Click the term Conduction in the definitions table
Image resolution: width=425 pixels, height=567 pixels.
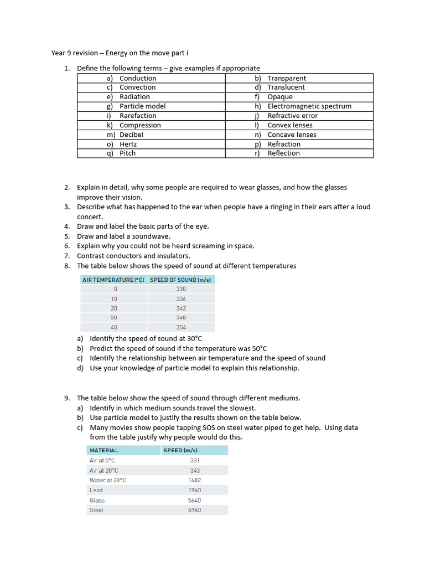click(x=138, y=78)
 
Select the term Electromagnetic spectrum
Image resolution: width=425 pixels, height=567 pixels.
click(x=309, y=106)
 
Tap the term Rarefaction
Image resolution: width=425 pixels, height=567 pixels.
click(x=138, y=116)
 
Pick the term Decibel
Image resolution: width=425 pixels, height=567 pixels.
click(x=131, y=135)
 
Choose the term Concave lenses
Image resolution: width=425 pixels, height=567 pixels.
click(x=292, y=135)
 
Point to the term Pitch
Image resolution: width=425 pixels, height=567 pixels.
click(x=127, y=153)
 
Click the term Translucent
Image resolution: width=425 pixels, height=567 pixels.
click(x=286, y=87)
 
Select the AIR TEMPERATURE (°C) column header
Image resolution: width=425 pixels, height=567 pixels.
click(x=113, y=280)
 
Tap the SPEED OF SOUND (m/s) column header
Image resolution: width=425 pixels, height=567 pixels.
click(x=180, y=280)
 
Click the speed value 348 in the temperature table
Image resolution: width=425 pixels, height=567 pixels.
click(x=181, y=318)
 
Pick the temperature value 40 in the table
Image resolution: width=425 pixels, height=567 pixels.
click(x=114, y=327)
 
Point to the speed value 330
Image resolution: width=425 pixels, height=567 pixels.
click(x=181, y=289)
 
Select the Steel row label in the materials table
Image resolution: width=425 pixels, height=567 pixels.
click(x=96, y=510)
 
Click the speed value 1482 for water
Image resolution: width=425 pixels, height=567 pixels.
click(x=194, y=480)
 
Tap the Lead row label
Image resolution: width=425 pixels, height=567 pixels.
click(x=96, y=490)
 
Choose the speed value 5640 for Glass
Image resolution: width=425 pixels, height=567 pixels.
click(x=194, y=500)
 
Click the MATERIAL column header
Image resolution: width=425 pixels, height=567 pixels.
click(x=104, y=450)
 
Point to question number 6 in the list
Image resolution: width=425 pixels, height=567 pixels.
click(x=66, y=246)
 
